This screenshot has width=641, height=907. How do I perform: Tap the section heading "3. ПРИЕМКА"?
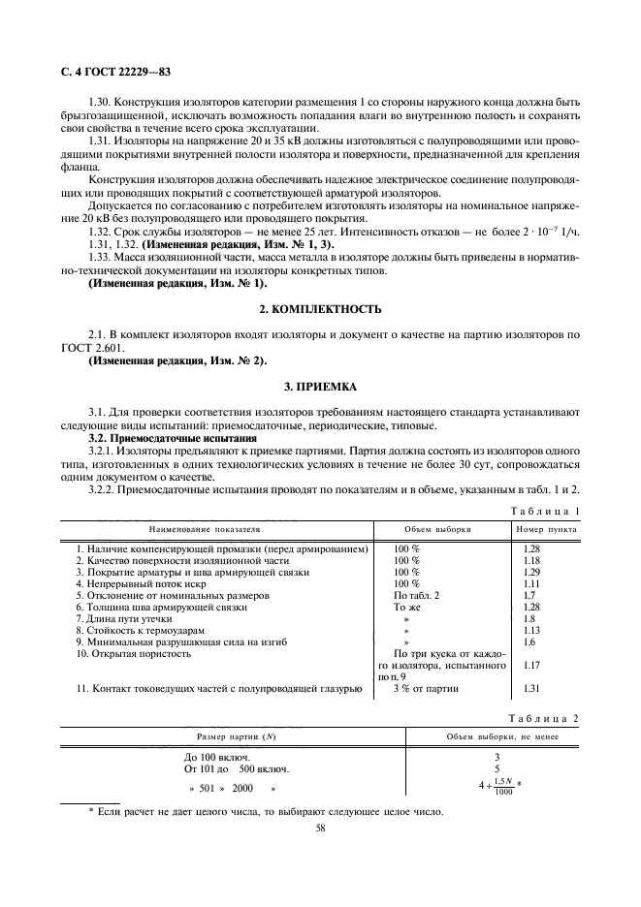320,386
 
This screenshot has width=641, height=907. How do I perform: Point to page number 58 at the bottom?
320,829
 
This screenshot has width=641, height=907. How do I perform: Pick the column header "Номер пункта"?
546,531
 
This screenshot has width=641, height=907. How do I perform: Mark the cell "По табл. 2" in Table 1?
416,595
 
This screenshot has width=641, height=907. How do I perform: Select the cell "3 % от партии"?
426,689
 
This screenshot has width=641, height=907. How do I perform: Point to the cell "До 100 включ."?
217,756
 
